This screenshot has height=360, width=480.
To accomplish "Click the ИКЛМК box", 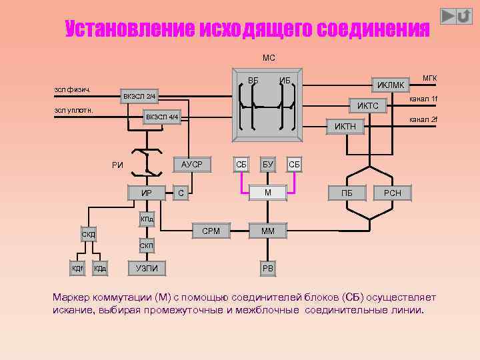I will click(391, 85).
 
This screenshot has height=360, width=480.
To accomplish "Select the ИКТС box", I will click(367, 106).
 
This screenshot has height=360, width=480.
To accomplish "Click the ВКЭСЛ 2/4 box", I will click(139, 97).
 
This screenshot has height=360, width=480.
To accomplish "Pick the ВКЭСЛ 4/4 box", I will click(163, 118).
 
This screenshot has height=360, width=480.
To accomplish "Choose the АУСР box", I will click(192, 164).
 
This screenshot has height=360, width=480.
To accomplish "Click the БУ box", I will click(267, 164).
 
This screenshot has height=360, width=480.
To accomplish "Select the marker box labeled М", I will click(267, 193).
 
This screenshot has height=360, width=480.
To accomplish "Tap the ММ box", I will click(267, 231).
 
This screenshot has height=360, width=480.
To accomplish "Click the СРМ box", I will click(211, 231).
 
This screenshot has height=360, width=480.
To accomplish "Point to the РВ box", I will click(267, 269).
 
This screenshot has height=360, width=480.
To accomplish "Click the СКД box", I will click(89, 235).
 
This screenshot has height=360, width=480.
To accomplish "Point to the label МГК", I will click(429, 78).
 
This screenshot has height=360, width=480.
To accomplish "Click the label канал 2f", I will click(424, 120).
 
